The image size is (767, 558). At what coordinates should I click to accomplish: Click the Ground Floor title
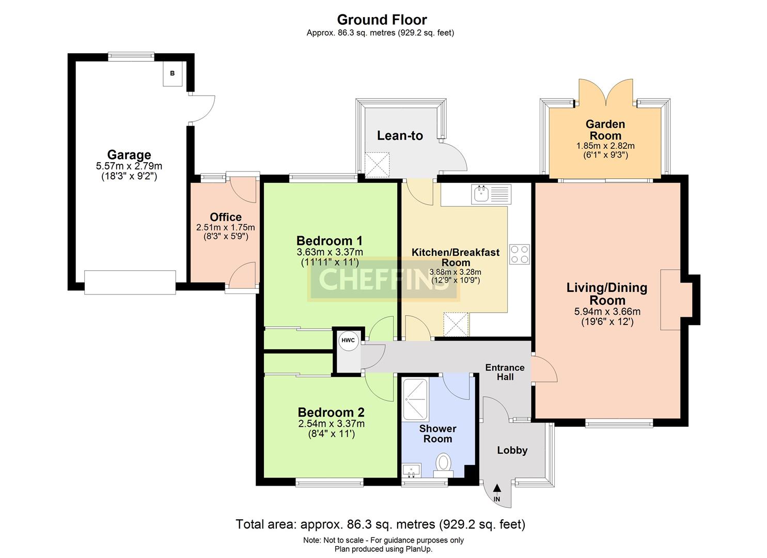pyautogui.click(x=382, y=20)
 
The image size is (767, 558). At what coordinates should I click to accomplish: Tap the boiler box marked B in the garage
pyautogui.click(x=172, y=74)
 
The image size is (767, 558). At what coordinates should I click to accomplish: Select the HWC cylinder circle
pyautogui.click(x=349, y=340)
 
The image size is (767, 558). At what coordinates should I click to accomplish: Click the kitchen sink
pyautogui.click(x=491, y=194)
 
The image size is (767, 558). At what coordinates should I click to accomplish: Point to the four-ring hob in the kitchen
pyautogui.click(x=520, y=254)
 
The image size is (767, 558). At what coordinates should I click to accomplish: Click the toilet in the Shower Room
pyautogui.click(x=444, y=465)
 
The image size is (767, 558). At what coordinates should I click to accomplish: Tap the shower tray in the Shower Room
pyautogui.click(x=415, y=399)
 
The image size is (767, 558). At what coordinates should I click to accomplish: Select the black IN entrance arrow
pyautogui.click(x=497, y=488)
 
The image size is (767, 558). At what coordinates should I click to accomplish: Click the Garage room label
pyautogui.click(x=129, y=155)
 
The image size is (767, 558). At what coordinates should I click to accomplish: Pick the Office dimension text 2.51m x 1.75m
pyautogui.click(x=226, y=227)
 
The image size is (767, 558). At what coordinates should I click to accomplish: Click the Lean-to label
pyautogui.click(x=400, y=136)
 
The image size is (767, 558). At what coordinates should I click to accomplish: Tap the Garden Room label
pyautogui.click(x=605, y=130)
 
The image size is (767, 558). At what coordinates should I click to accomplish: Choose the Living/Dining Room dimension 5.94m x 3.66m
pyautogui.click(x=607, y=312)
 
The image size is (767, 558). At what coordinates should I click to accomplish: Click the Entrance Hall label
pyautogui.click(x=505, y=372)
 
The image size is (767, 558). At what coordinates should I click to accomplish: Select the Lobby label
pyautogui.click(x=512, y=450)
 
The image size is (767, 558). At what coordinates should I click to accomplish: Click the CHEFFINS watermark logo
pyautogui.click(x=384, y=280)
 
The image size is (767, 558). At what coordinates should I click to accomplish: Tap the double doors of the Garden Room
pyautogui.click(x=605, y=92)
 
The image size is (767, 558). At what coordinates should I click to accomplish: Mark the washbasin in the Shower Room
pyautogui.click(x=412, y=471)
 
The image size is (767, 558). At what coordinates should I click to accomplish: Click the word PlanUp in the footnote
pyautogui.click(x=419, y=549)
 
